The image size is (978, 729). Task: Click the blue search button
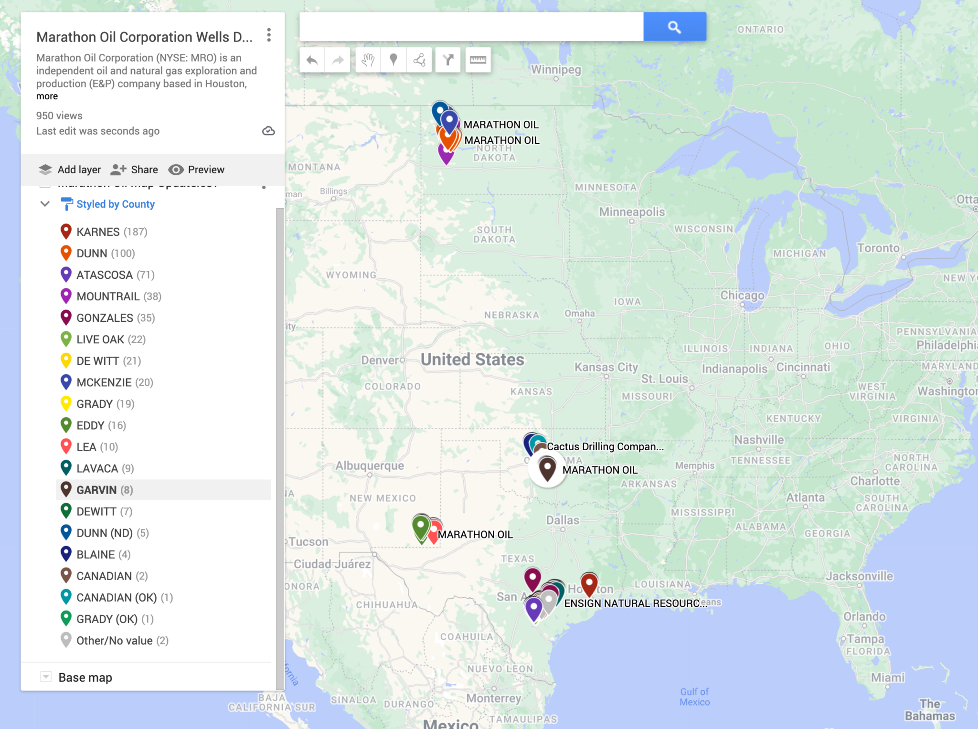coord(674,27)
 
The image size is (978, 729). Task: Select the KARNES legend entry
coord(98,232)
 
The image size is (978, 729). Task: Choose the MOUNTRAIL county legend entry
coord(108,296)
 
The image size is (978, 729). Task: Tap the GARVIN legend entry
coord(96,490)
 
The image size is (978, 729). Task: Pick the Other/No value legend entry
coord(115,641)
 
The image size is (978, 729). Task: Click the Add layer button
coord(70,169)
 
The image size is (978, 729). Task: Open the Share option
coord(134,169)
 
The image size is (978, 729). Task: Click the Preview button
coord(196,169)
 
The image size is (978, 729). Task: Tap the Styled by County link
coord(116,204)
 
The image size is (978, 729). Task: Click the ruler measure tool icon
coord(478,60)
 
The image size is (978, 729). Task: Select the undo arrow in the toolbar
coord(312,60)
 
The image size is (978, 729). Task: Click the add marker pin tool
coord(393,60)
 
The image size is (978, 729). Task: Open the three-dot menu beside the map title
coord(269,35)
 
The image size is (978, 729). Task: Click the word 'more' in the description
coord(47,96)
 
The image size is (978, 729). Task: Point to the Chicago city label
coord(742,296)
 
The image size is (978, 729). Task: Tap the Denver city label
coord(380,360)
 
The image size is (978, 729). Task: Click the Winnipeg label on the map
coord(556,70)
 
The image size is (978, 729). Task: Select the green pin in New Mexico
coord(421,527)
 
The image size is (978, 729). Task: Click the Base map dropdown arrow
coord(46,677)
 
